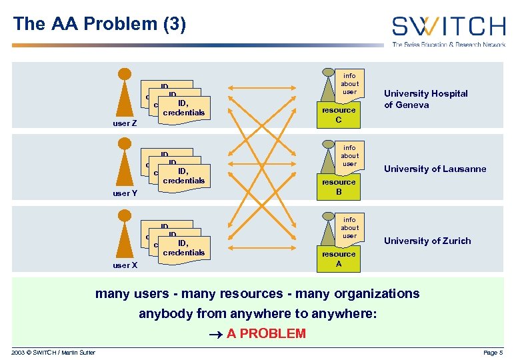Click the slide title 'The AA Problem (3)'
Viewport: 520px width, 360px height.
coord(99,25)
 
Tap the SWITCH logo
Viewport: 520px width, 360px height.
coord(448,29)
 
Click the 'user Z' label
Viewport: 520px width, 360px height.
coord(125,123)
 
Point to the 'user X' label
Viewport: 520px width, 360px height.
coord(125,265)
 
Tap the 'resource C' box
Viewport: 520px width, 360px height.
coord(339,115)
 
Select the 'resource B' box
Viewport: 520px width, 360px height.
coord(339,187)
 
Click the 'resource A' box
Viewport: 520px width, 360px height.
coord(339,259)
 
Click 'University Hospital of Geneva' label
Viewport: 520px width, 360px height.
coord(426,99)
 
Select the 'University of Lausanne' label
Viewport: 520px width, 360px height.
coord(435,169)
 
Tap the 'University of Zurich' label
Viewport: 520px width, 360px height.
coord(427,241)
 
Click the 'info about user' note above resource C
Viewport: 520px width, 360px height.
coord(349,83)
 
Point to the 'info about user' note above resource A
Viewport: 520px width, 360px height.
coord(349,227)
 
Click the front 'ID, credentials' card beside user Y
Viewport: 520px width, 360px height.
coord(183,176)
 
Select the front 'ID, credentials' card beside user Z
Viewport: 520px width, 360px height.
coord(183,108)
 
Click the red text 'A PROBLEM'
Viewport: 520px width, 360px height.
coord(266,333)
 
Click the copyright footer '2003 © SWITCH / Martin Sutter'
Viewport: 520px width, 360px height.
coord(53,352)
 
